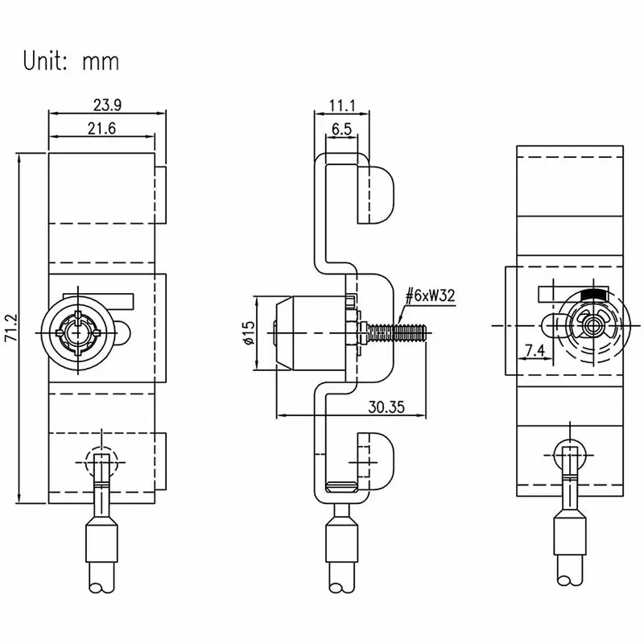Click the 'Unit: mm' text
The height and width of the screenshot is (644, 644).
pos(71,61)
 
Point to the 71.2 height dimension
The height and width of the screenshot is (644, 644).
pos(10,328)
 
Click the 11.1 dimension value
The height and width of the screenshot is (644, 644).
pos(341,105)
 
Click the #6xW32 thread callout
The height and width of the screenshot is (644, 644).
pos(430,295)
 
